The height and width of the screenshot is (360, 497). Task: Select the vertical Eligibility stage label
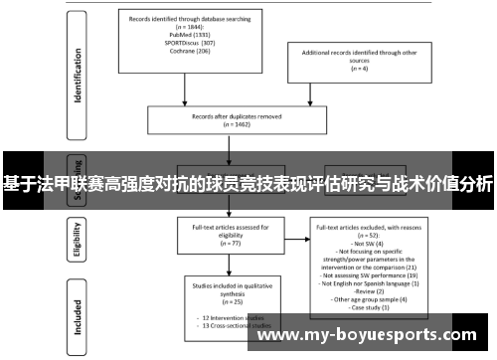tap(78, 239)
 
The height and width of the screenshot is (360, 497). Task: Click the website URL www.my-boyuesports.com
tap(374, 337)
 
